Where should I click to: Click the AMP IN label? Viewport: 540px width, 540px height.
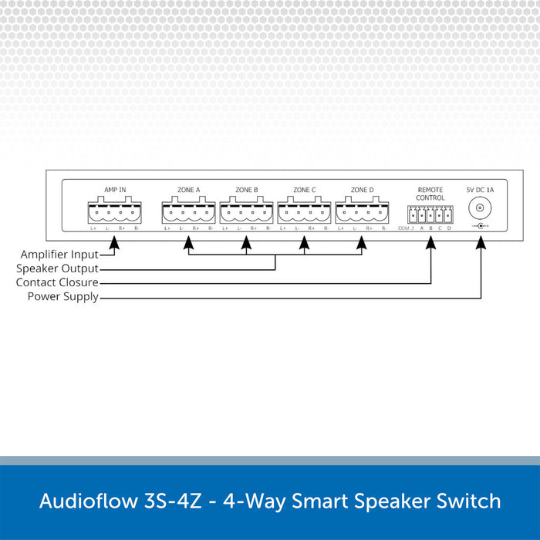point(115,189)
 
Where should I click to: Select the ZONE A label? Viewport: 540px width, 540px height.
point(189,189)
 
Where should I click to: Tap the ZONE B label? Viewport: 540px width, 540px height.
point(247,189)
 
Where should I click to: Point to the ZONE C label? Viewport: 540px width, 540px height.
point(305,189)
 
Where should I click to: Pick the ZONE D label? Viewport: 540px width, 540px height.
point(362,189)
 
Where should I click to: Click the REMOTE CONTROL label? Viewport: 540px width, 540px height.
point(430,193)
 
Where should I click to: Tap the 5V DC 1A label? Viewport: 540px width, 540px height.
point(481,189)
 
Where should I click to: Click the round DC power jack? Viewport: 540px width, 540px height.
point(481,208)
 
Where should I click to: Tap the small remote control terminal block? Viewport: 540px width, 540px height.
point(430,214)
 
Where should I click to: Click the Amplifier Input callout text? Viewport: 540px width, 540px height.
point(59,255)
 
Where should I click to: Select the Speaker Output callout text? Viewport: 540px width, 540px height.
point(58,268)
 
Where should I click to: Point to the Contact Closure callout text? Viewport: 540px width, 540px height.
point(57,282)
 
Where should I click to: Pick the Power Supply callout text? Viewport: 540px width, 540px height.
point(63,296)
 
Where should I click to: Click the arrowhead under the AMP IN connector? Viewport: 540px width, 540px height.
point(115,242)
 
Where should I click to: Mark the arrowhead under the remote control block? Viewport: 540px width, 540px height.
point(430,242)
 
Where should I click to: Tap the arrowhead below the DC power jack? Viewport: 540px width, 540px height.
point(481,242)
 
